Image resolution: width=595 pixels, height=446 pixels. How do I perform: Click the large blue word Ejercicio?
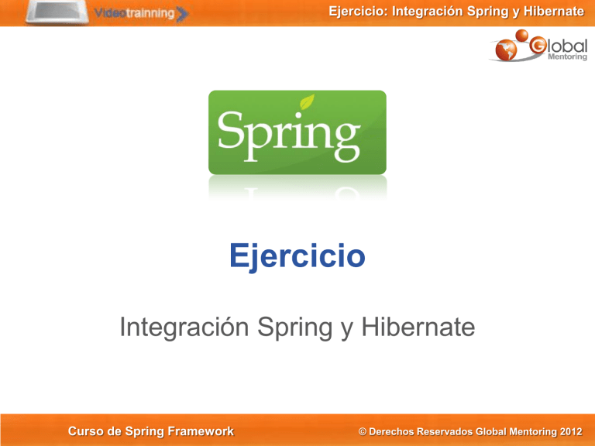pos(297,256)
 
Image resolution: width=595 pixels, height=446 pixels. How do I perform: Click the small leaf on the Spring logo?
pos(308,102)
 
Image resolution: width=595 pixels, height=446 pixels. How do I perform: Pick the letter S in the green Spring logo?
pos(232,133)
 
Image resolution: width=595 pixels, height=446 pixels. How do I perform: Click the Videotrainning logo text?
pos(136,13)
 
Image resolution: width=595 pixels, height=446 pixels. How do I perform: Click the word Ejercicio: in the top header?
pos(356,10)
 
